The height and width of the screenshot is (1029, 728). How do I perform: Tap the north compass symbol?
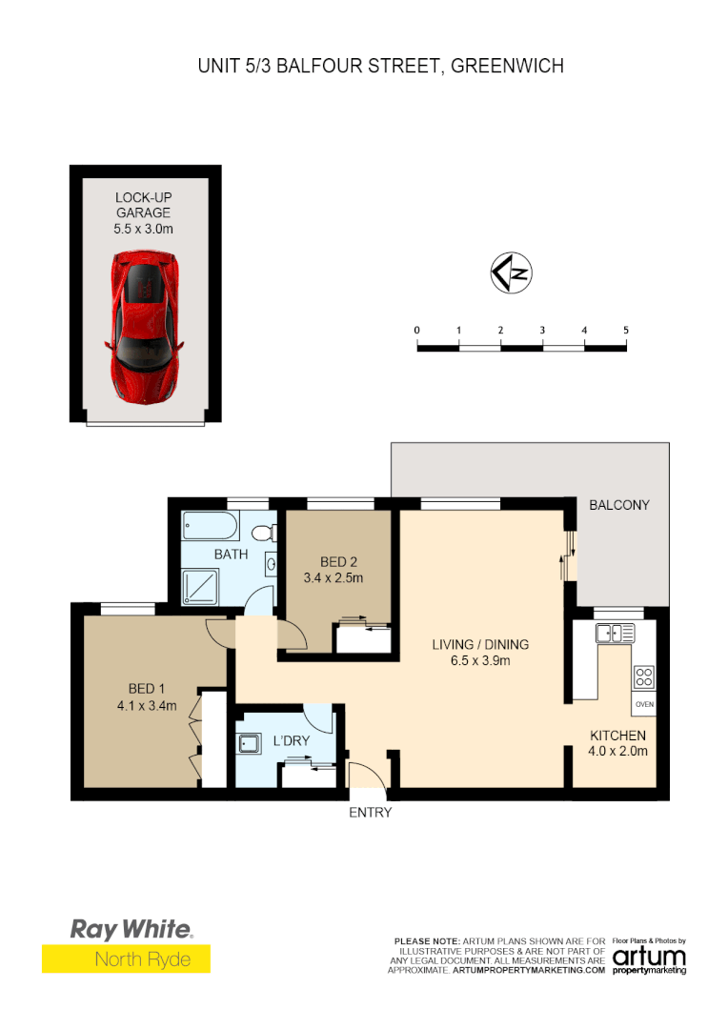click(512, 273)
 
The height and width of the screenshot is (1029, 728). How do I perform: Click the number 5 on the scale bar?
click(625, 330)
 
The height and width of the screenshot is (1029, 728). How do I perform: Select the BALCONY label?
click(618, 504)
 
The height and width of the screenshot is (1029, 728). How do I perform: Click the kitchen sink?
click(615, 632)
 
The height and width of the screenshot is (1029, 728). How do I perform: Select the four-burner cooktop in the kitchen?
click(644, 677)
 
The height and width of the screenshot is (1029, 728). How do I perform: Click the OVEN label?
click(645, 705)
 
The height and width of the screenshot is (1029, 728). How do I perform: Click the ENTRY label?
click(370, 813)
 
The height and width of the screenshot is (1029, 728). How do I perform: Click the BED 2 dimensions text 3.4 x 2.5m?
click(334, 577)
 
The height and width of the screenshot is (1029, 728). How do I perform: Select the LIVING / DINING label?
click(479, 644)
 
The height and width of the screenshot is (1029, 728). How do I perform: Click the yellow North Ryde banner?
click(126, 958)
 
